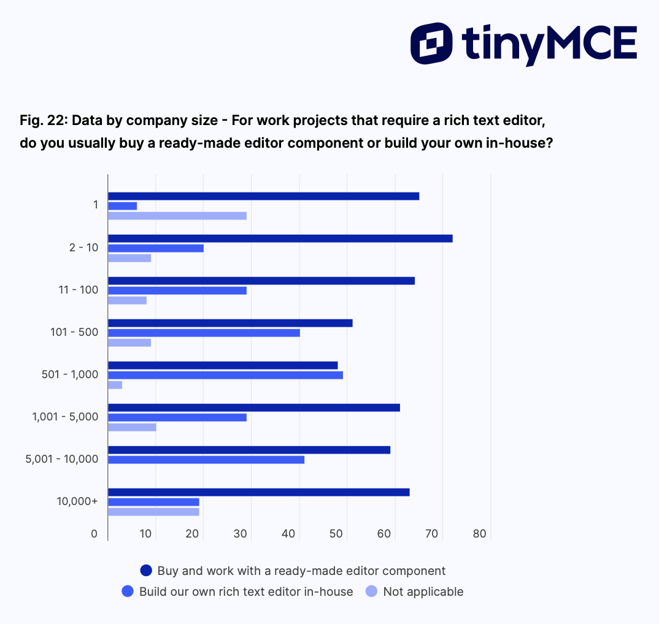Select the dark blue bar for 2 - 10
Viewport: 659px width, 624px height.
click(280, 238)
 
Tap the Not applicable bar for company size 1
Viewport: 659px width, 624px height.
click(177, 216)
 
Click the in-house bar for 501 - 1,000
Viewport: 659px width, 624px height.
click(225, 375)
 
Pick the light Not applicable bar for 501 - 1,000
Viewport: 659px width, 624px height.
click(115, 385)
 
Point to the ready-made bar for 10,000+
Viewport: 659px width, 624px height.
click(258, 492)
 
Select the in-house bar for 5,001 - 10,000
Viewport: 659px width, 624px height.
click(206, 460)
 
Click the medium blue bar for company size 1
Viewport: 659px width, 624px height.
click(123, 206)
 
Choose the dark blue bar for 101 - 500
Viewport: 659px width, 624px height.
click(230, 323)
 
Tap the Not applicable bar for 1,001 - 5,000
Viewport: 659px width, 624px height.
click(132, 427)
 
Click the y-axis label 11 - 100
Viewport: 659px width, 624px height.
click(78, 289)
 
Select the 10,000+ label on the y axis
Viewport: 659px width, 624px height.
click(77, 501)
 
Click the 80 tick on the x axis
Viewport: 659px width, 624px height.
click(480, 535)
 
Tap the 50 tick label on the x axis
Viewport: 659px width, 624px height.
click(336, 535)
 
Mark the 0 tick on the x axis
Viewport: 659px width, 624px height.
click(94, 535)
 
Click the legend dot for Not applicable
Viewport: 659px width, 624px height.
click(372, 592)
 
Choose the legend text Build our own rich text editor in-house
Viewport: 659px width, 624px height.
click(246, 592)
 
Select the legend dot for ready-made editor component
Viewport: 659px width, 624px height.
click(146, 571)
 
